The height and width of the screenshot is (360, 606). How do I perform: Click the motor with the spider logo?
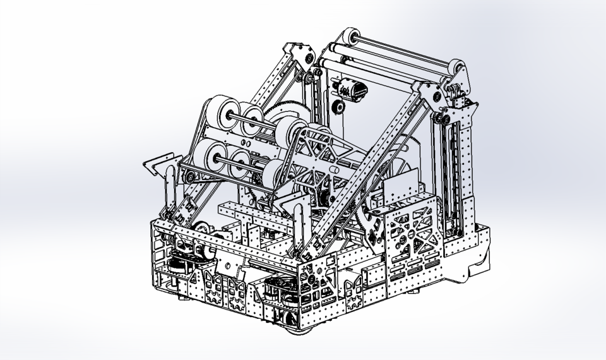353,90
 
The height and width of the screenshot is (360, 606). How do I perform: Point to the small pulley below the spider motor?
338,107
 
